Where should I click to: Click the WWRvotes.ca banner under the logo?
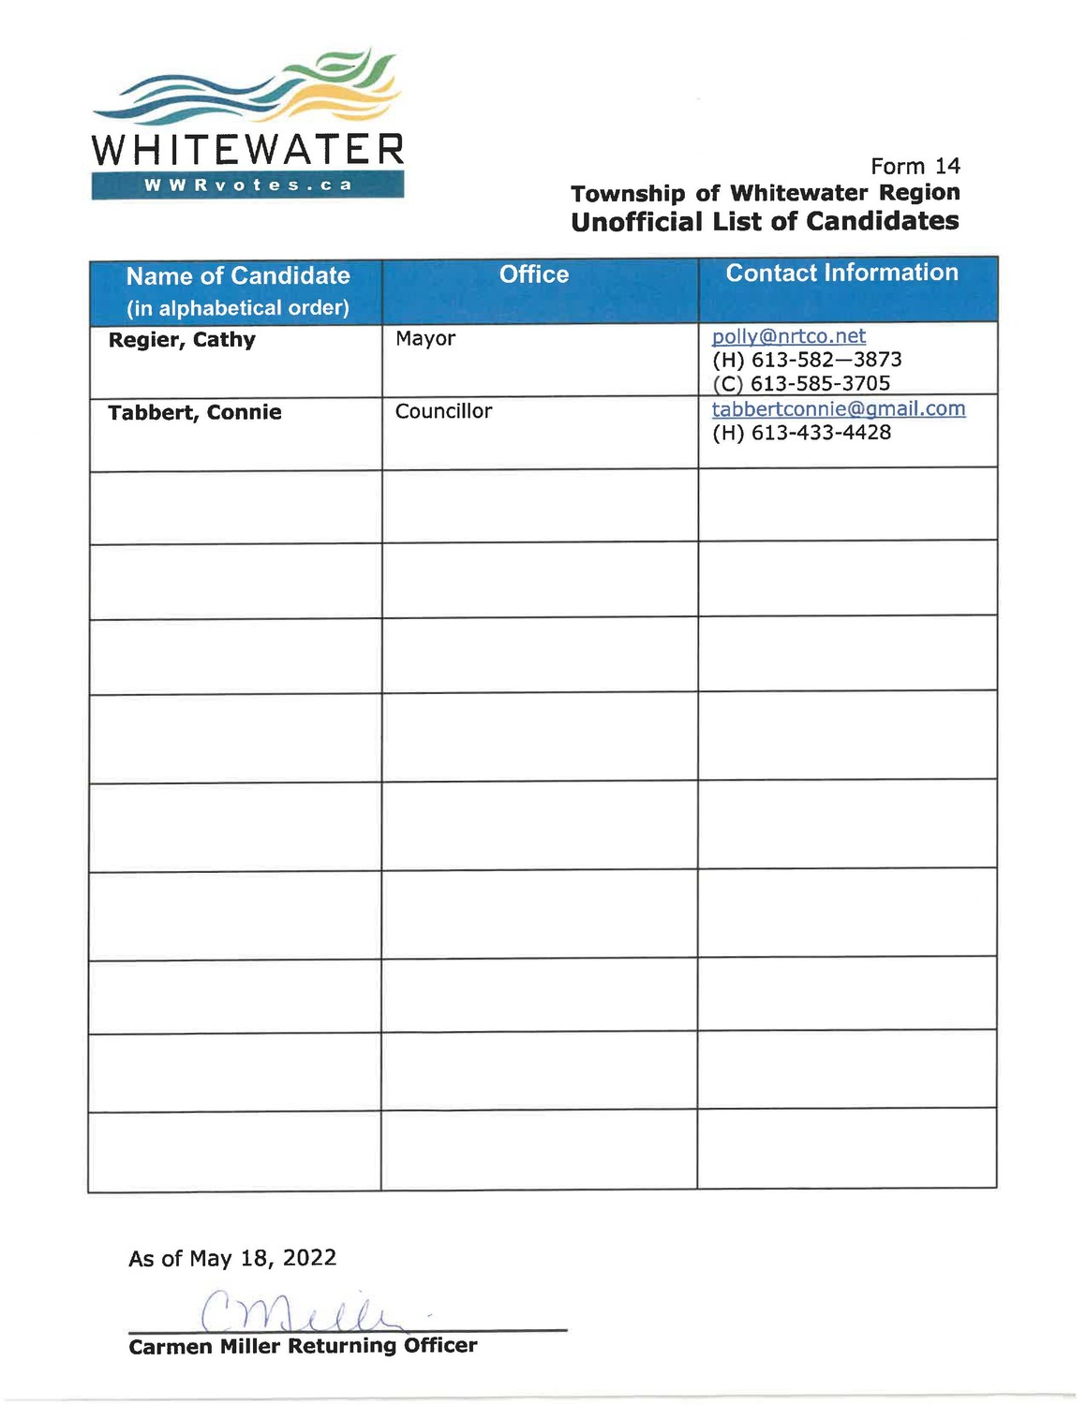(247, 185)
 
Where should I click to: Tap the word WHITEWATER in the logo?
(247, 150)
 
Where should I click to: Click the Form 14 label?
(915, 167)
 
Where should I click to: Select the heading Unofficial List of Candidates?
(765, 222)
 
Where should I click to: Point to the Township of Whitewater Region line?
(765, 194)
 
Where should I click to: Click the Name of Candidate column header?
(238, 276)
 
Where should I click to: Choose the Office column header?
(534, 274)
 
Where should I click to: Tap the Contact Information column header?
(841, 273)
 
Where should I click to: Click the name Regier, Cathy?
(182, 340)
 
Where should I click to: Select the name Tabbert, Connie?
(195, 413)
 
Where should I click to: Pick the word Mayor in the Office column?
(425, 338)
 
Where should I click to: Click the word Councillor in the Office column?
(443, 411)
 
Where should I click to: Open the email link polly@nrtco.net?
(788, 336)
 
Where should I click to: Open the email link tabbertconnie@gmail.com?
(838, 409)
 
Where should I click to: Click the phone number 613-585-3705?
(820, 383)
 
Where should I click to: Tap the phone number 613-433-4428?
(821, 433)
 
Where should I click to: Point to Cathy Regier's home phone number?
(826, 360)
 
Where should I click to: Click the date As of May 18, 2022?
(232, 1258)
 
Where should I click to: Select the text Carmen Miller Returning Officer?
(303, 1346)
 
